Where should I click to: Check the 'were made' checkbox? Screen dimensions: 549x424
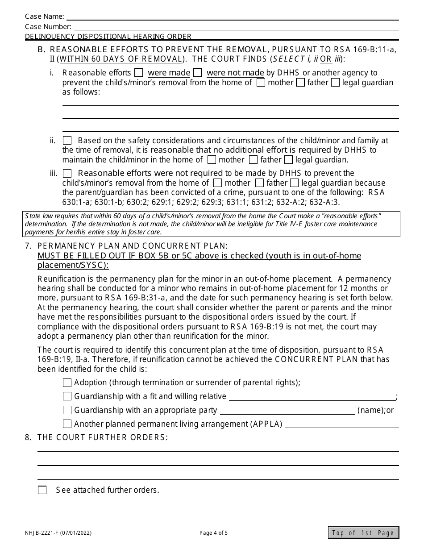(139, 73)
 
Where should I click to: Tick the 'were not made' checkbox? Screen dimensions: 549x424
(198, 73)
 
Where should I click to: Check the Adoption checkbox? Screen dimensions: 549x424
(67, 383)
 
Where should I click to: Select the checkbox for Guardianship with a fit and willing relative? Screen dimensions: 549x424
(67, 396)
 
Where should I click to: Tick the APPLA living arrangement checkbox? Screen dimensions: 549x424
(67, 424)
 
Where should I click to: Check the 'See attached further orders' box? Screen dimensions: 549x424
(42, 490)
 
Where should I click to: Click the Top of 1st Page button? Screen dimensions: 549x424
(363, 532)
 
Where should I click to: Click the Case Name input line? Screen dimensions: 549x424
(232, 17)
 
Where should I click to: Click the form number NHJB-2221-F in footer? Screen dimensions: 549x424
(58, 533)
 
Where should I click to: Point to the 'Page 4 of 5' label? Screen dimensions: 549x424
(213, 533)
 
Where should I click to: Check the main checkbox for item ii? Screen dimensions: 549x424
(67, 141)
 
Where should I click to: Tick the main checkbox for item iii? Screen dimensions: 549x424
(67, 173)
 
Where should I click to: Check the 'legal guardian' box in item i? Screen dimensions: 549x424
(336, 83)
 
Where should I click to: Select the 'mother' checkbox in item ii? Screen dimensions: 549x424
(212, 160)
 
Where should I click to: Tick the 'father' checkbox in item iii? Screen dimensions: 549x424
(260, 183)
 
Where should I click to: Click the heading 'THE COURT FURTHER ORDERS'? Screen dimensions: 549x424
(103, 437)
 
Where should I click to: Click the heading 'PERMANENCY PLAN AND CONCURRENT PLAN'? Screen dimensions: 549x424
(132, 246)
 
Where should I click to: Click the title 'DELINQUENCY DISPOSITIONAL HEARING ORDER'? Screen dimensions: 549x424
(108, 37)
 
